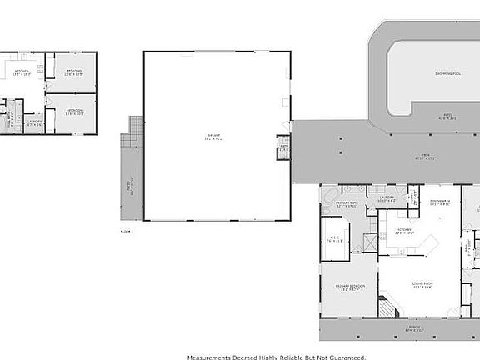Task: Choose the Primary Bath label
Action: click(x=346, y=203)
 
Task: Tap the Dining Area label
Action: click(x=440, y=201)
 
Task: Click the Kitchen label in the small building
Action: click(x=22, y=72)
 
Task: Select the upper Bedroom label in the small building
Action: click(x=74, y=72)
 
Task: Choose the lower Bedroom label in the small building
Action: click(x=74, y=111)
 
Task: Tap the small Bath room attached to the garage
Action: click(x=282, y=148)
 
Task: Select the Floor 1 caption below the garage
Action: click(x=127, y=230)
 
